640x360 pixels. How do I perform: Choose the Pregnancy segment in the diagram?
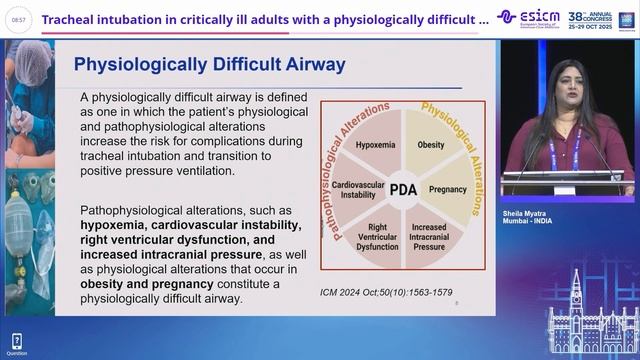tap(447, 188)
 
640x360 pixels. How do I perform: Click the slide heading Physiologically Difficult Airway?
tap(210, 66)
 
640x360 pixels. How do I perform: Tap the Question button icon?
tap(16, 343)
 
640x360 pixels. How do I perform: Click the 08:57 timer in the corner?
tap(16, 18)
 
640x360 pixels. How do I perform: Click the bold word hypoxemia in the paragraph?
tap(118, 226)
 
